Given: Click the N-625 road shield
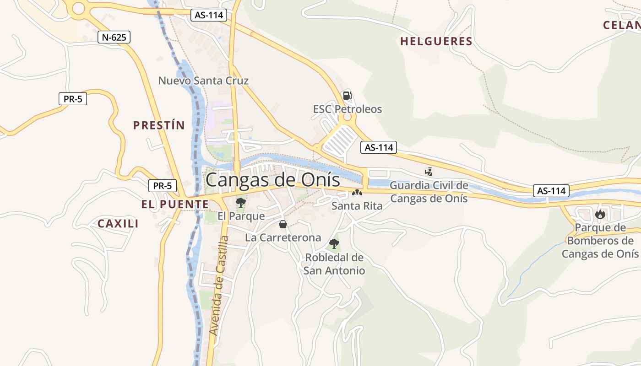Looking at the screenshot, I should (114, 37).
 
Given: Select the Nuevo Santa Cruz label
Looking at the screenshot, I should (203, 81).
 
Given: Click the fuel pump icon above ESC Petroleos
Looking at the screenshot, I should (347, 95).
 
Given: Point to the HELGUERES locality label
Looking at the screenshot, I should (436, 41).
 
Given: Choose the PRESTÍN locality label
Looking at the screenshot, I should (159, 125).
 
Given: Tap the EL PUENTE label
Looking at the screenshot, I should (174, 205).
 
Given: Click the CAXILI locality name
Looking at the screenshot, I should (118, 224).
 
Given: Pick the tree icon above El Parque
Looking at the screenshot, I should (240, 202).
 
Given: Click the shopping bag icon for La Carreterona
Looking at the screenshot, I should (282, 224).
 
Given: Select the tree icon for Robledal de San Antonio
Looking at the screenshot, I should (334, 243).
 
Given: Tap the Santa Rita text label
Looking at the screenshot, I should (357, 206).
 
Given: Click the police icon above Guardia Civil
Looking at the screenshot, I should (429, 172).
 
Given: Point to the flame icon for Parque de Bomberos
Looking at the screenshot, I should (600, 214).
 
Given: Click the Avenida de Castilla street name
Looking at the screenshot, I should (218, 285).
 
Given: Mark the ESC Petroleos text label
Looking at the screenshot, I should (347, 109).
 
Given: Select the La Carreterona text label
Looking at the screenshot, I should (283, 238).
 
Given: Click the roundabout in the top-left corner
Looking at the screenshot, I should (79, 8).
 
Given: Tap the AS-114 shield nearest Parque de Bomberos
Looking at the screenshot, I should (551, 191).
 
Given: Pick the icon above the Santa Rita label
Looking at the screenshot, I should (357, 193).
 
